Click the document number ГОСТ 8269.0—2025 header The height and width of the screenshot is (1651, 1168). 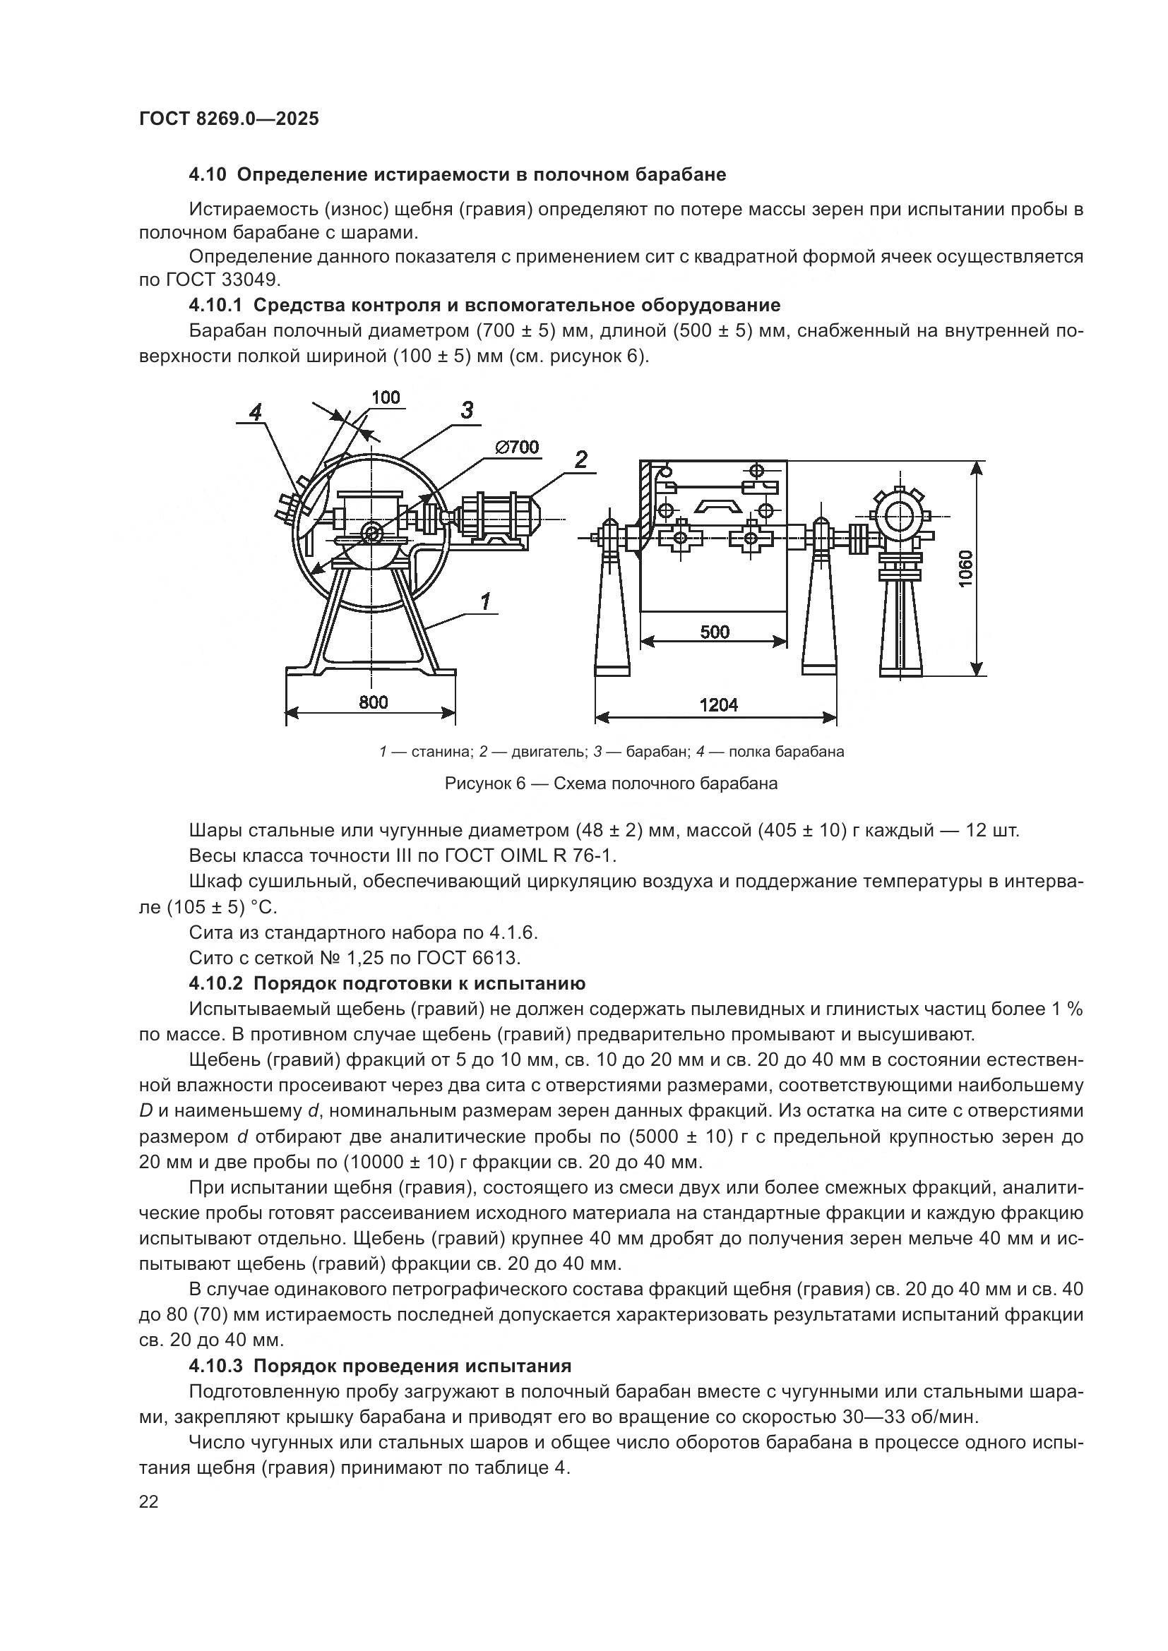[229, 119]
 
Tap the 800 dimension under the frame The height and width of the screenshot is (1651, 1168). [374, 702]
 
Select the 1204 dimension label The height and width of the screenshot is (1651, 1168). [718, 704]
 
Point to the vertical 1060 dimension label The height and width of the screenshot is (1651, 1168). [965, 568]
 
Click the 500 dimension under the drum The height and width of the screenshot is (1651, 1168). [714, 631]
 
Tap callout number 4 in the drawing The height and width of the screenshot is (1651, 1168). [256, 412]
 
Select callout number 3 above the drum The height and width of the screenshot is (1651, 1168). [467, 411]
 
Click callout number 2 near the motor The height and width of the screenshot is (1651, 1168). [581, 459]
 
